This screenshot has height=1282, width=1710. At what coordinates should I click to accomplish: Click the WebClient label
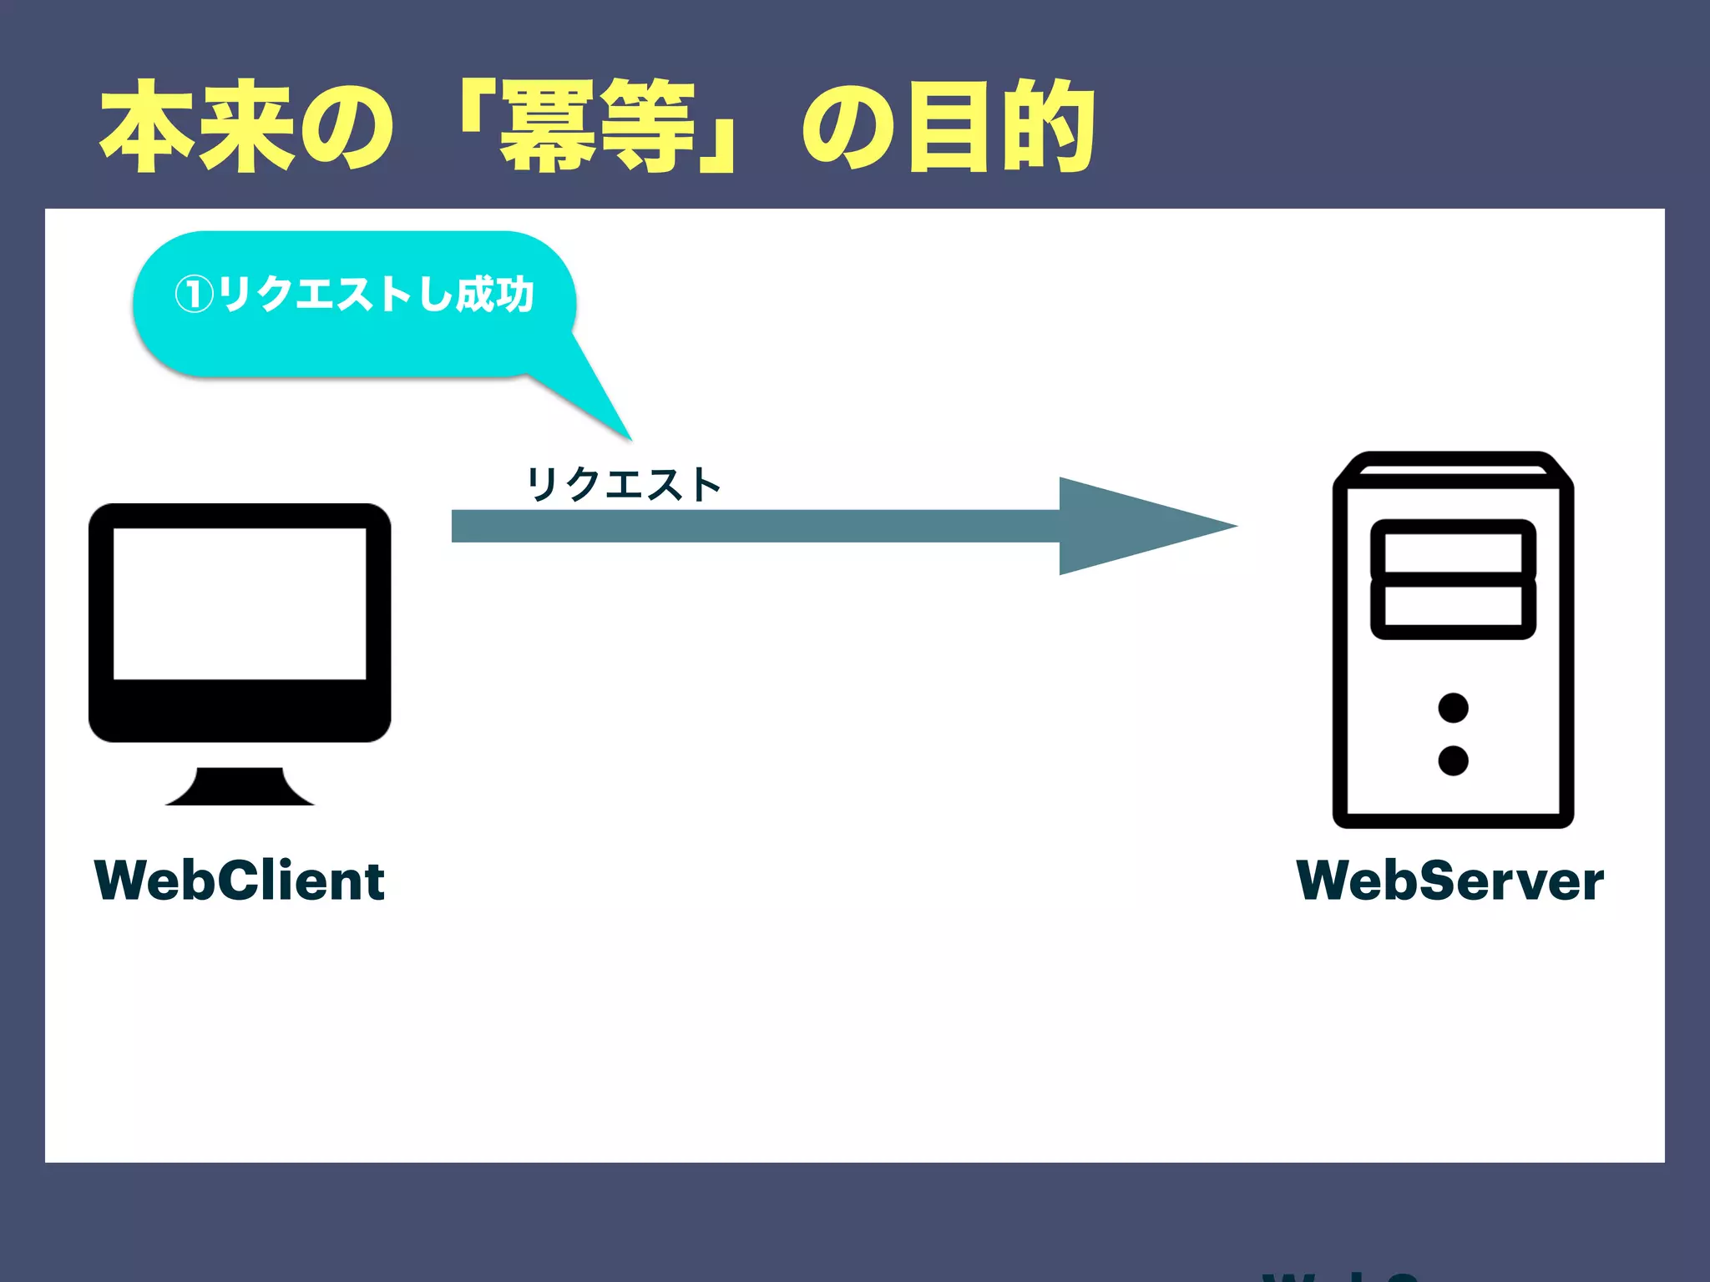[240, 881]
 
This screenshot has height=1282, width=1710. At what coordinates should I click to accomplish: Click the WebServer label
[1450, 881]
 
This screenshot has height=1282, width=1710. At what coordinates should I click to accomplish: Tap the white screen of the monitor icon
[240, 603]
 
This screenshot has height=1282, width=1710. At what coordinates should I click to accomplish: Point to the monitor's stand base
[240, 790]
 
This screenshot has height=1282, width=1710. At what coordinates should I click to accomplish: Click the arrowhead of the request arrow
[1144, 526]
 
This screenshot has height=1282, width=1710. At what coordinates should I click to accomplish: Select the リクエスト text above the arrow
[623, 485]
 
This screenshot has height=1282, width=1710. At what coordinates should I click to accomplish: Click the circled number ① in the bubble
[194, 295]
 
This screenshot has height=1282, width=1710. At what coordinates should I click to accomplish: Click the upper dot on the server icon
[1453, 708]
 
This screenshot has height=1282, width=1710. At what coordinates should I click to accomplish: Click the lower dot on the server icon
[1453, 760]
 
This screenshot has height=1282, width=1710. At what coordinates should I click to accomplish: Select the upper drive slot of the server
[1453, 552]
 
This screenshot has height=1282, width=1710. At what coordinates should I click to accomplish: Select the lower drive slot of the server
[1453, 606]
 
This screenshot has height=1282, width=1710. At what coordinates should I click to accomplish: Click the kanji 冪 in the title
[548, 127]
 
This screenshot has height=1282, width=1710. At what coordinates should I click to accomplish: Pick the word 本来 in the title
[197, 127]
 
